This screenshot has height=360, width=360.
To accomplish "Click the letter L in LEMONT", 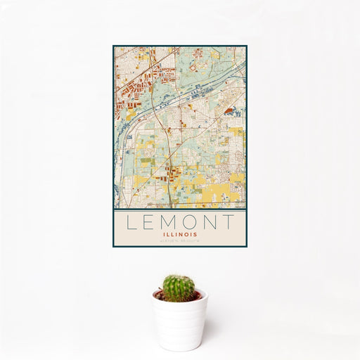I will pyautogui.click(x=131, y=222).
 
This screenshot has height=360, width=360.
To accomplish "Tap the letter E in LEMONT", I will pyautogui.click(x=150, y=222).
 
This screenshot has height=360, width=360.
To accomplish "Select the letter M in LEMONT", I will pyautogui.click(x=169, y=222).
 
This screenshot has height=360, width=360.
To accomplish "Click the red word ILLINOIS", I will pyautogui.click(x=179, y=234).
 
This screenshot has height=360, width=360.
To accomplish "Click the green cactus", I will pyautogui.click(x=179, y=288).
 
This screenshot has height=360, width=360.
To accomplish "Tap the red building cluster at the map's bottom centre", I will pyautogui.click(x=173, y=172).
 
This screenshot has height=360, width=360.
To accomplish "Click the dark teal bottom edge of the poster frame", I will pyautogui.click(x=180, y=246).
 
